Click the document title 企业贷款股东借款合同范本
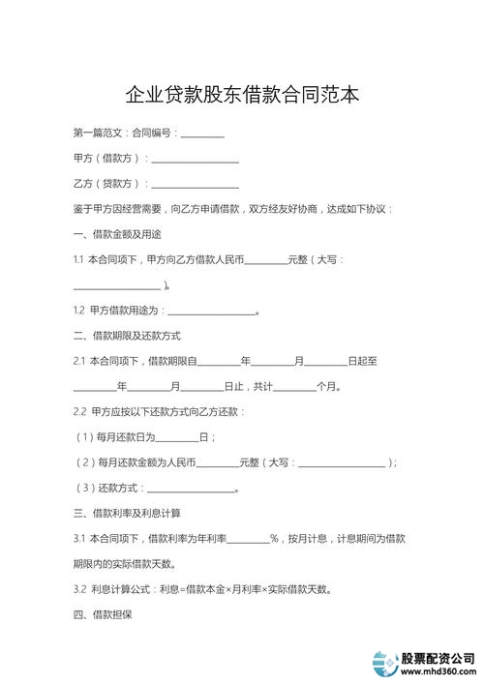[242, 95]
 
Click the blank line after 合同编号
[202, 135]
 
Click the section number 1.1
[78, 260]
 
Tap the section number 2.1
[79, 361]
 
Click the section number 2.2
[79, 411]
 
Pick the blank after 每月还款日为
[176, 437]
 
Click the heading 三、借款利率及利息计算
[127, 512]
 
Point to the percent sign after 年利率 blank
[274, 537]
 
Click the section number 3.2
[79, 588]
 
